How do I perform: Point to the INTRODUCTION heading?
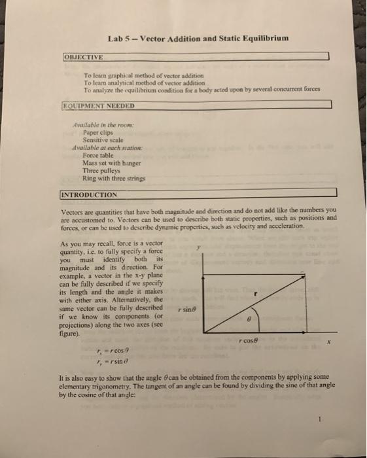[x=88, y=194]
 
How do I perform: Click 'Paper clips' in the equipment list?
[x=96, y=132]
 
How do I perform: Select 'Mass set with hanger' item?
[x=108, y=163]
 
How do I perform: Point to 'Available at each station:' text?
[x=105, y=147]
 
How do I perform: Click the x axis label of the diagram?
[x=330, y=342]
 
